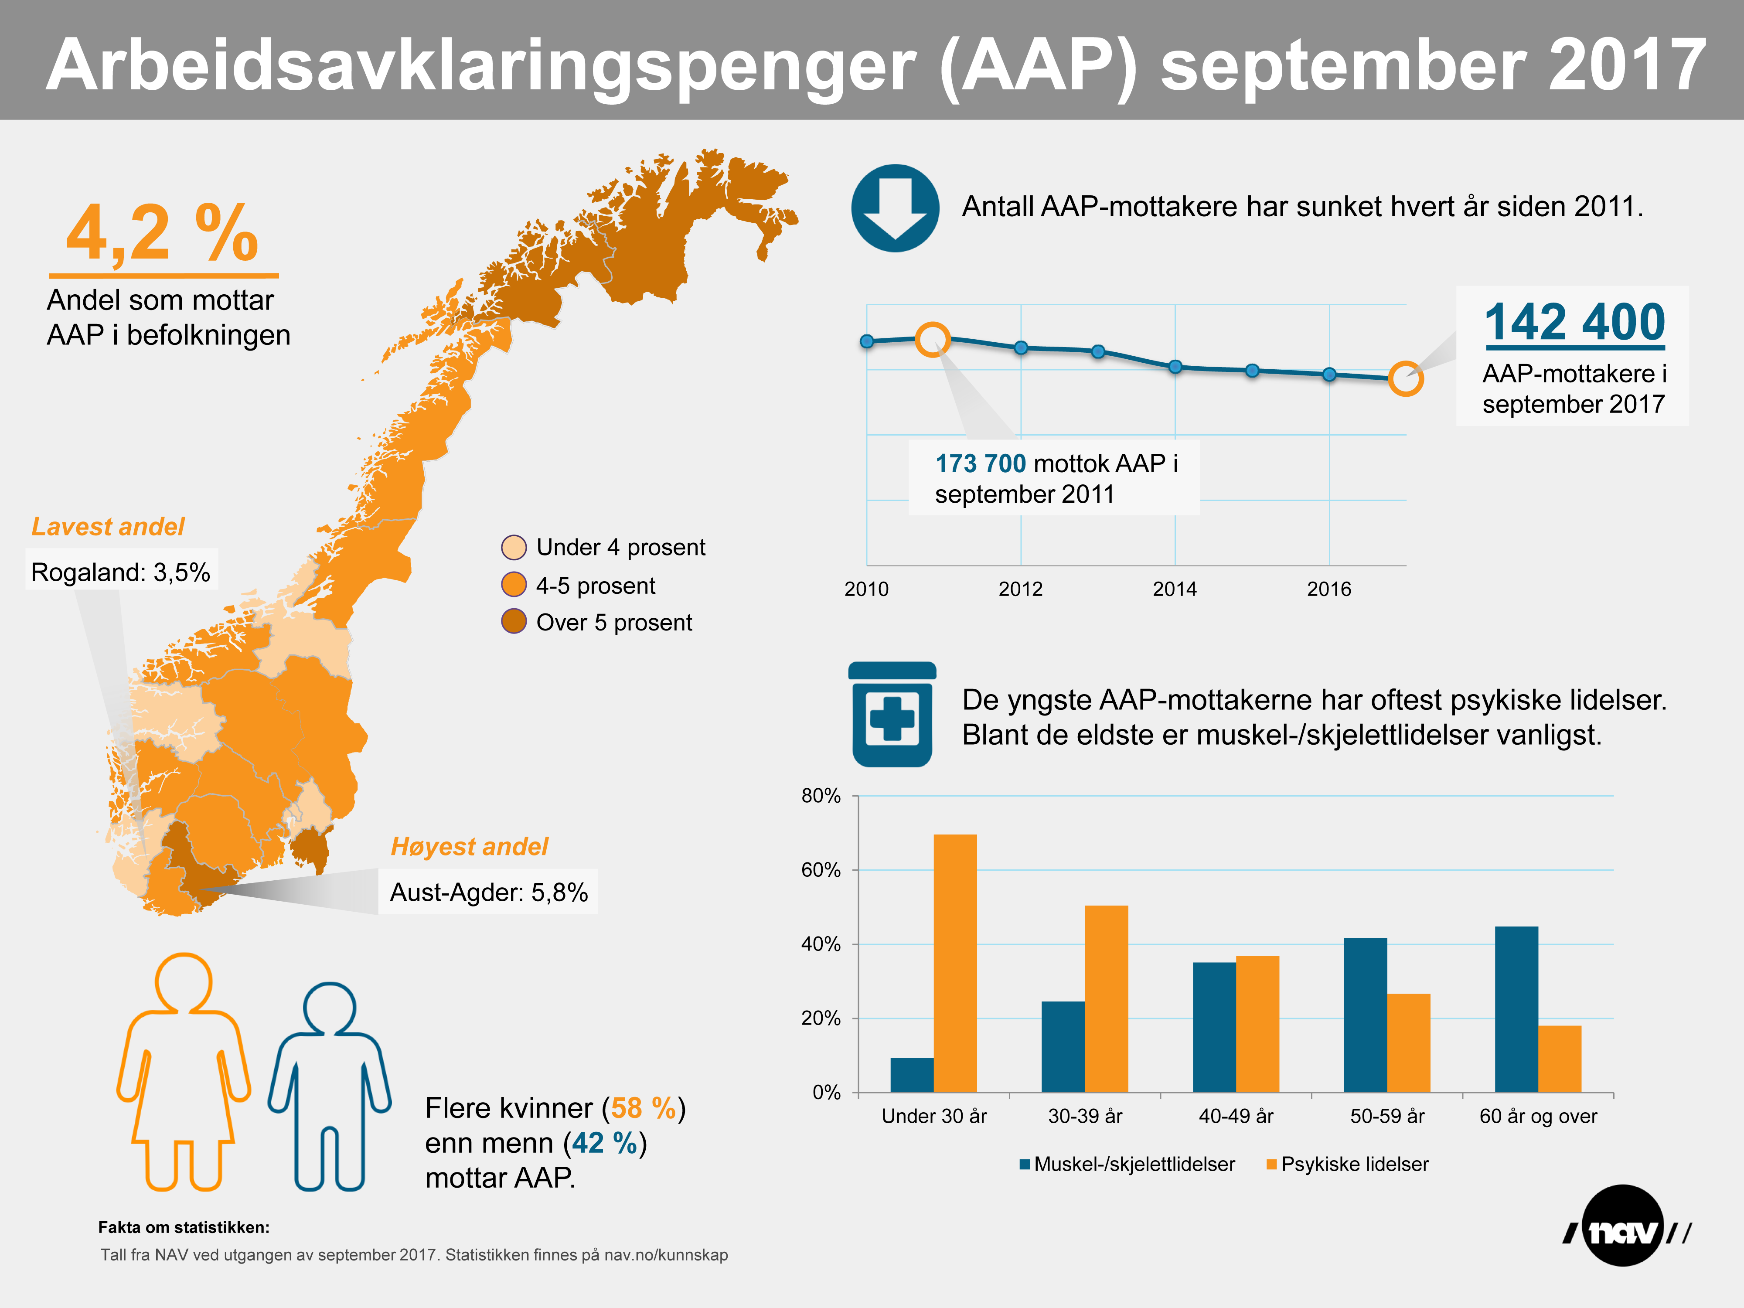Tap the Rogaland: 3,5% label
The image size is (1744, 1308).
click(121, 572)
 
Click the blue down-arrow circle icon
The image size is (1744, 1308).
click(895, 208)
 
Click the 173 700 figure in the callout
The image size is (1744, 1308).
click(980, 463)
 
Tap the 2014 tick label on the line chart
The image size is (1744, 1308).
click(1174, 589)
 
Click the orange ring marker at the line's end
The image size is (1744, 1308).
click(1405, 378)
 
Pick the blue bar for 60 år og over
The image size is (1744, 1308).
click(1516, 1009)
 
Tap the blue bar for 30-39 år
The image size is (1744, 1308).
click(1063, 1046)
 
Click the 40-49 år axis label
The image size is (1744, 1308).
click(1236, 1117)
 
